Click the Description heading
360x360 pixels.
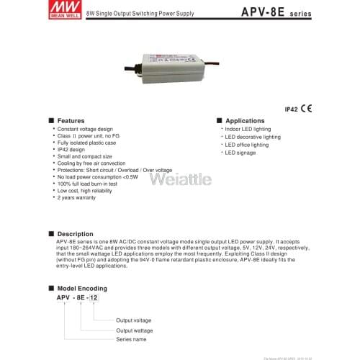click(74, 234)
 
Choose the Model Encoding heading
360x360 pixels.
click(81, 287)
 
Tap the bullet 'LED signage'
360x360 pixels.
click(240, 153)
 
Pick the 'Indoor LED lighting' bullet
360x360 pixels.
click(248, 128)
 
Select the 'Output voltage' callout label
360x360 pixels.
click(134, 320)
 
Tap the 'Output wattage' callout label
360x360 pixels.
click(135, 330)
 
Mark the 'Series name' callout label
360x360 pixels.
click(131, 339)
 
